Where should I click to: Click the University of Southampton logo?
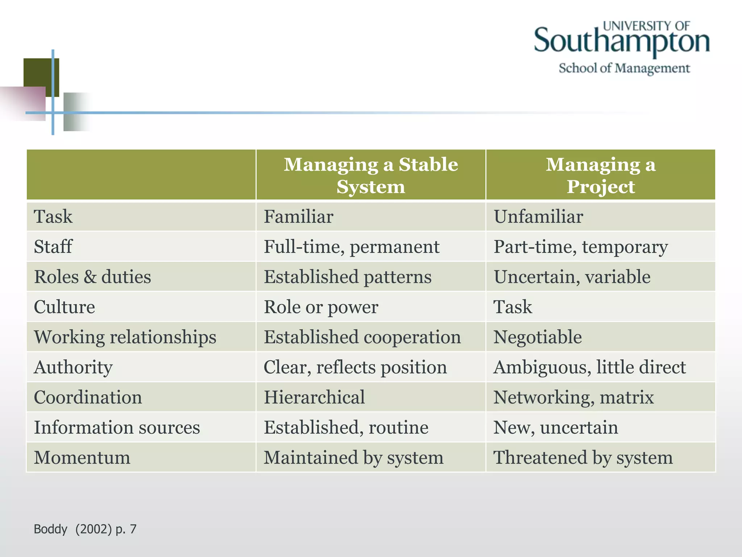coord(621,40)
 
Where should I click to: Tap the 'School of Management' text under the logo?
coord(624,68)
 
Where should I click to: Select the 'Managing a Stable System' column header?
coord(371,176)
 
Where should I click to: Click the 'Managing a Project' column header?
coord(601,176)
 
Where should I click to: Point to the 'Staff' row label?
coord(53,247)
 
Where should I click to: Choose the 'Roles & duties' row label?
coord(92,277)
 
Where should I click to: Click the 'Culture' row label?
coord(64,307)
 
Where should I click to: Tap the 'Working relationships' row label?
coord(125,337)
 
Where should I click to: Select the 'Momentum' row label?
coord(82,457)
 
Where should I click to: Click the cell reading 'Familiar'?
coord(299,216)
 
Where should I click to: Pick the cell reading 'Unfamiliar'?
coord(538,216)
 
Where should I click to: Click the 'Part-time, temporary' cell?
coord(580,247)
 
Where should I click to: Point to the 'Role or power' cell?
coord(321,307)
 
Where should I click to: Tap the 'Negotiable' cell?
coord(538,337)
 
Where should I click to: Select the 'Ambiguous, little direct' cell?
coord(589,367)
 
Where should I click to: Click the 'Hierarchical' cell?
coord(314,397)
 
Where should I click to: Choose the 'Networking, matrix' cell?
coord(574,397)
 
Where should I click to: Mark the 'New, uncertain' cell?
coord(556,427)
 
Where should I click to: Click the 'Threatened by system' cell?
coord(583,457)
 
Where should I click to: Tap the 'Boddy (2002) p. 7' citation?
coord(85,529)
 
